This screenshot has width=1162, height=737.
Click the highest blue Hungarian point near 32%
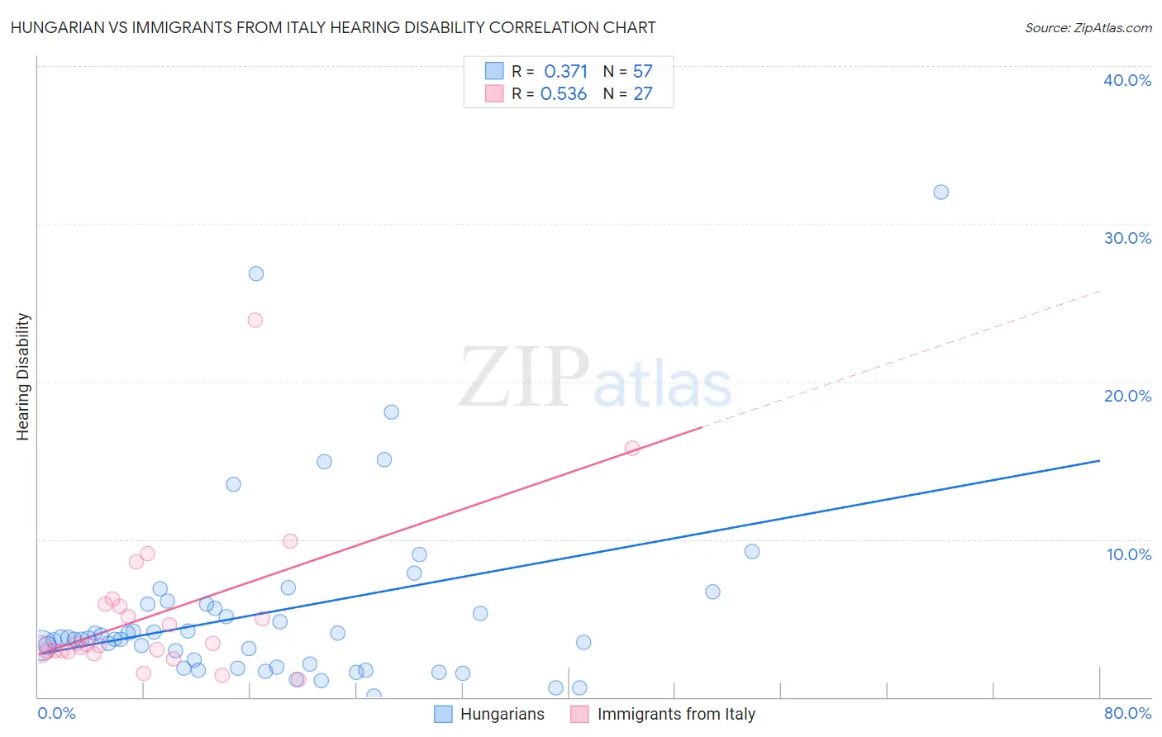(x=941, y=193)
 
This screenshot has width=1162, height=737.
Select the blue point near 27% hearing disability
(x=256, y=273)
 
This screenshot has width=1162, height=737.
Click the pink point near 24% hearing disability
(x=255, y=321)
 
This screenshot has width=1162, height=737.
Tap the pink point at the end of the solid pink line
(x=632, y=449)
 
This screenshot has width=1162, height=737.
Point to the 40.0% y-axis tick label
(x=1127, y=80)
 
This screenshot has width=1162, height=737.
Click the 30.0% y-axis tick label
(x=1127, y=238)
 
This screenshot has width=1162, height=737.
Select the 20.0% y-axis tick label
(x=1127, y=396)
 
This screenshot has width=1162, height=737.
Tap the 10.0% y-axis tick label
(x=1129, y=554)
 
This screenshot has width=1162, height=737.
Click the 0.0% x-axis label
(x=56, y=713)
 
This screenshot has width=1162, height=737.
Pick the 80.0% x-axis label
(x=1127, y=713)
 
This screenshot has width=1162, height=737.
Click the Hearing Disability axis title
(x=23, y=377)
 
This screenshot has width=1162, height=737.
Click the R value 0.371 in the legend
(x=565, y=72)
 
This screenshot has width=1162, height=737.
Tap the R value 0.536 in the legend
(x=564, y=94)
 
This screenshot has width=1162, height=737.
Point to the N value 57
(x=642, y=72)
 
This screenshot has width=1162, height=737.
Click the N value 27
(x=642, y=94)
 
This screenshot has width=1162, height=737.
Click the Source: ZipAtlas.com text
(x=1088, y=28)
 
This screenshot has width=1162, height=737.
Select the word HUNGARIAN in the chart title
(x=59, y=28)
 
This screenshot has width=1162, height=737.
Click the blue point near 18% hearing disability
(x=392, y=412)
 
